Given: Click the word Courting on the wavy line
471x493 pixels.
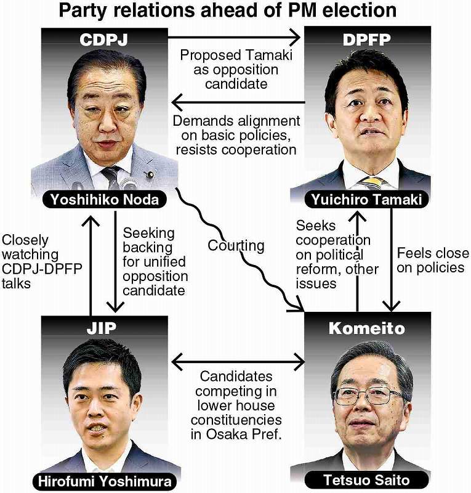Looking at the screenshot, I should pos(236,245).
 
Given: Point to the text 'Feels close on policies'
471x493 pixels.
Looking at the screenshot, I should pos(430,260).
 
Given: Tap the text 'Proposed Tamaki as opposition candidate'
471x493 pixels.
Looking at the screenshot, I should pos(236,69).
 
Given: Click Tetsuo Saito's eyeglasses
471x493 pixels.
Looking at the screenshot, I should pos(368,394).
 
